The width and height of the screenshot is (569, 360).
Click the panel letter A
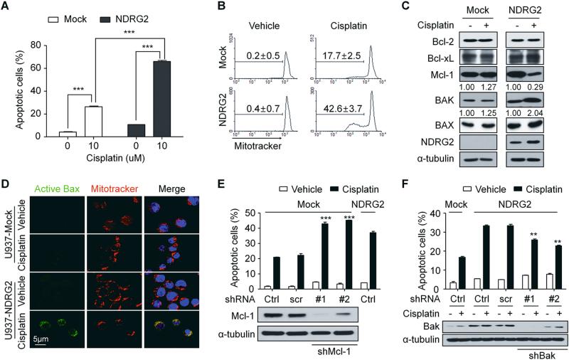point(6,7)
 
